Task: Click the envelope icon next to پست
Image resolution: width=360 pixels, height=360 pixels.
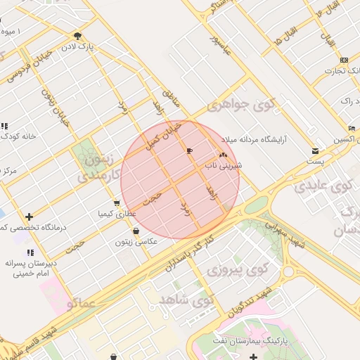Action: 314,150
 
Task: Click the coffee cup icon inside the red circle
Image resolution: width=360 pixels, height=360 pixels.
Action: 189,150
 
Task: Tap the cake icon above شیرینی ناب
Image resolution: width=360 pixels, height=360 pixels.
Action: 224,154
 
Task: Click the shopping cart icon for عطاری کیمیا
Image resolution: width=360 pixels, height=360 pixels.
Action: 117,202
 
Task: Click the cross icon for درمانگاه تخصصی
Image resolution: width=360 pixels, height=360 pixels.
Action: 28,217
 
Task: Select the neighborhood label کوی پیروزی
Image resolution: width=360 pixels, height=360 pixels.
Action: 240,269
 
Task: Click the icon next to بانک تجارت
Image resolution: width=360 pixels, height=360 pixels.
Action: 343,60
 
